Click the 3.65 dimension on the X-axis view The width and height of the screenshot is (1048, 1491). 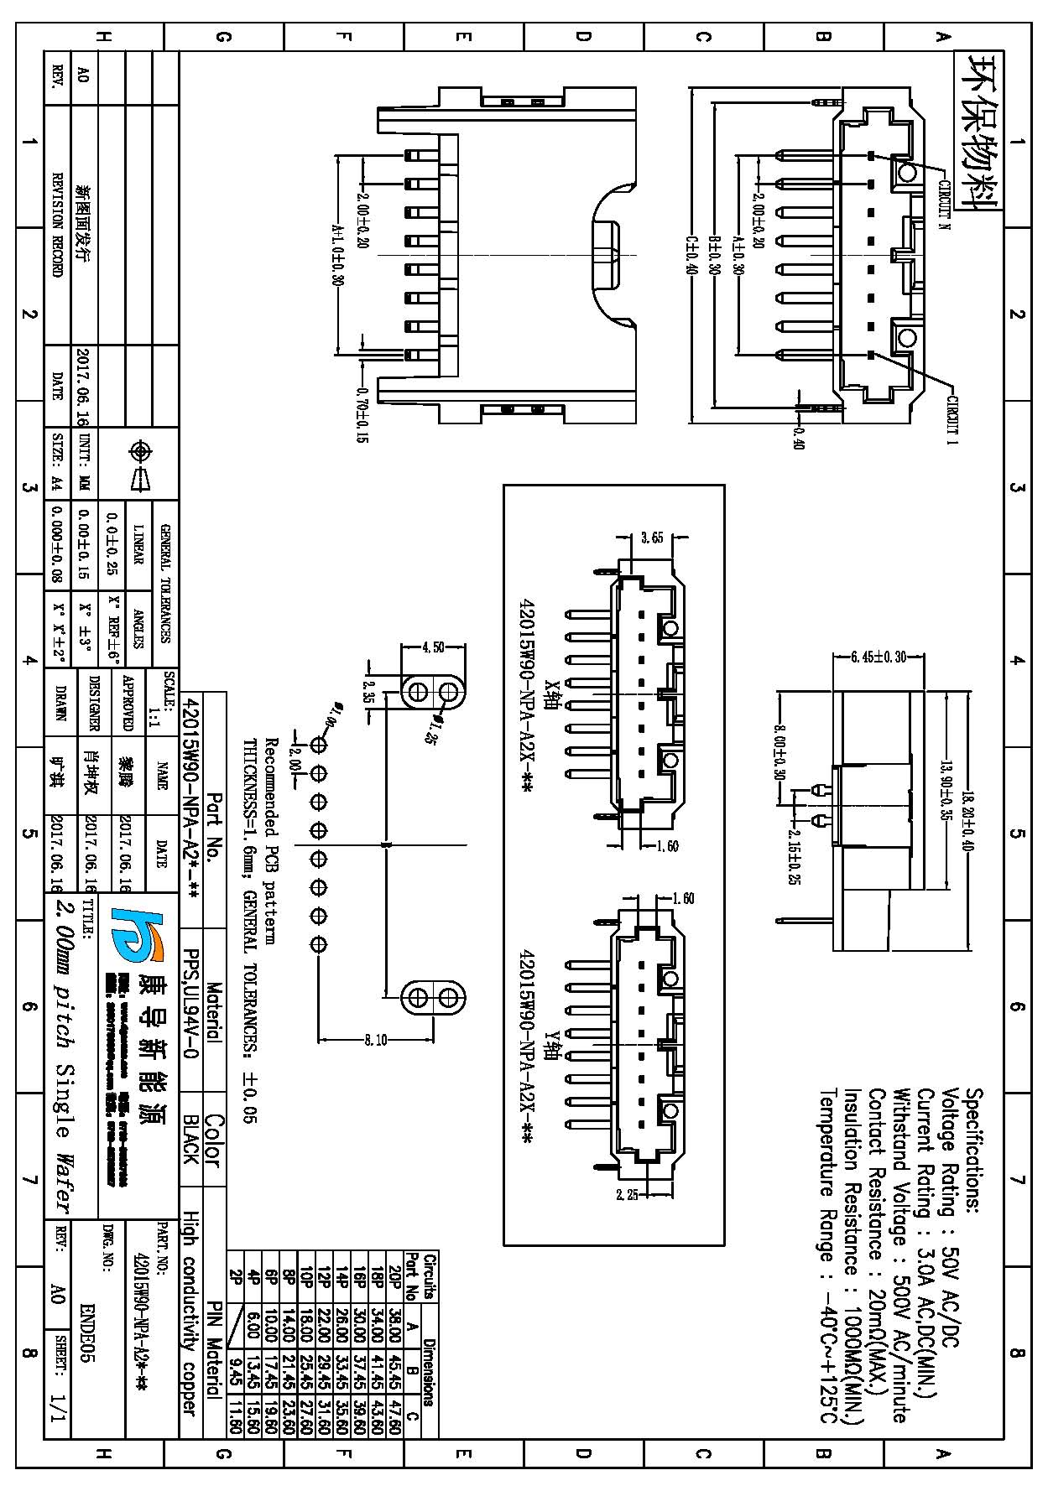(x=652, y=538)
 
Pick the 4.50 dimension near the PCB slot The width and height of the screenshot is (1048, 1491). (x=433, y=647)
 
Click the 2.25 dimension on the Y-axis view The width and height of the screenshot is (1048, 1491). (x=627, y=1195)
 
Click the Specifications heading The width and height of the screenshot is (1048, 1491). (x=975, y=1150)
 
